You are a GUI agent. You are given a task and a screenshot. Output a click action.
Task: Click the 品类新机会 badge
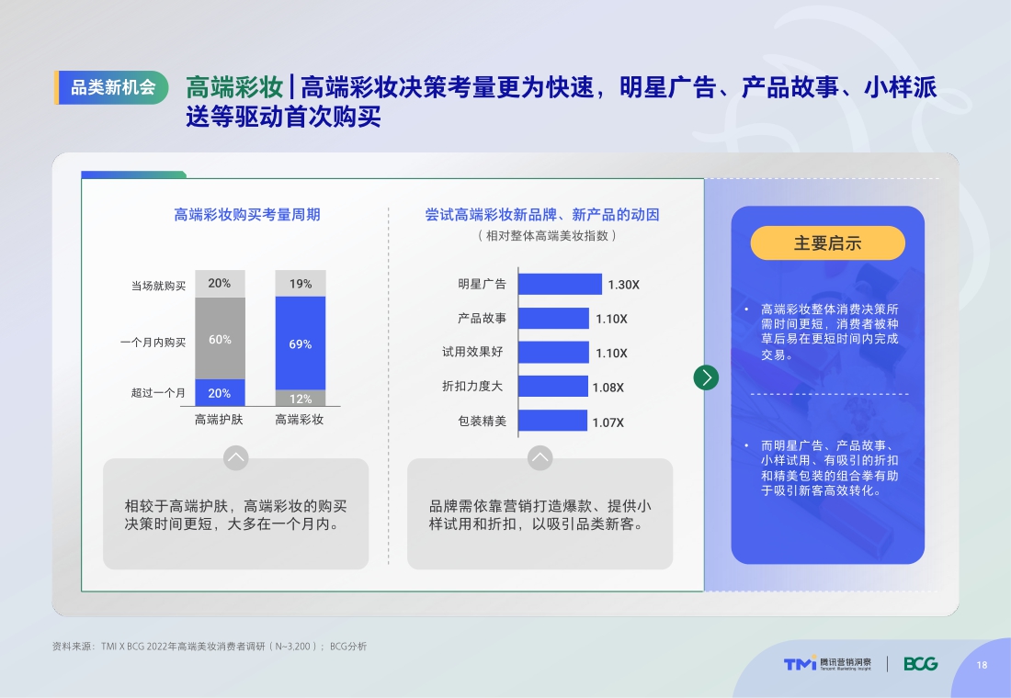[113, 88]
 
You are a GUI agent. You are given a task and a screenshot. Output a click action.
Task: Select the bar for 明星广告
[560, 284]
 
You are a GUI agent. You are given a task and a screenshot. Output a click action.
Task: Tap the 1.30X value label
[623, 285]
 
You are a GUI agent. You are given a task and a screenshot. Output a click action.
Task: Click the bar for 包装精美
[552, 421]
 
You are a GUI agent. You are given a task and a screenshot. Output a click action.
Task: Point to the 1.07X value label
[608, 422]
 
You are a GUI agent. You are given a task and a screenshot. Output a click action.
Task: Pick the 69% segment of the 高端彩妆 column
[301, 343]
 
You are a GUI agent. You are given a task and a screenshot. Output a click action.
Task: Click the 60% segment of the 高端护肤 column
[220, 339]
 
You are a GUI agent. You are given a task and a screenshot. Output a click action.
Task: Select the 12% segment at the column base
[301, 399]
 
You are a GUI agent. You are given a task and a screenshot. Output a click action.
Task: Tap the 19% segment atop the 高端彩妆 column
[301, 284]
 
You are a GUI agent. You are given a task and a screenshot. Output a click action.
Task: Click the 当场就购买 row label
[158, 286]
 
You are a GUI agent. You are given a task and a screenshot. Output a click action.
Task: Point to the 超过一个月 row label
[158, 393]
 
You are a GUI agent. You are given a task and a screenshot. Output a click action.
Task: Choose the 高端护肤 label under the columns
[219, 420]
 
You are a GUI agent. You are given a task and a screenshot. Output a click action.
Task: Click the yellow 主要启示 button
[827, 243]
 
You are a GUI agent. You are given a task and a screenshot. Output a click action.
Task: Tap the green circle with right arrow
[706, 377]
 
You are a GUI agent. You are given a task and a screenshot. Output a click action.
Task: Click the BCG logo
[920, 664]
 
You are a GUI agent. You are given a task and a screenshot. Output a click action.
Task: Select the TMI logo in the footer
[800, 664]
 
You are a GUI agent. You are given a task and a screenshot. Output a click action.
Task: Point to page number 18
[982, 665]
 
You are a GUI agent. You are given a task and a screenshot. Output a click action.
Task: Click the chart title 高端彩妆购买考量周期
[247, 215]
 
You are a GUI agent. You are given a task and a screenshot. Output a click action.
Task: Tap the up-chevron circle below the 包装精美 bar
[540, 457]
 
